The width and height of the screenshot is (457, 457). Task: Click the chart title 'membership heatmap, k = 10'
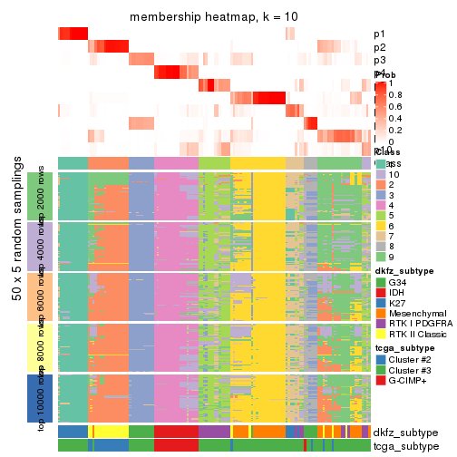tap(214, 17)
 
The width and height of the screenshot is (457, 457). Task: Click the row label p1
tap(379, 34)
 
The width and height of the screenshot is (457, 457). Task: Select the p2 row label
tap(379, 47)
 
